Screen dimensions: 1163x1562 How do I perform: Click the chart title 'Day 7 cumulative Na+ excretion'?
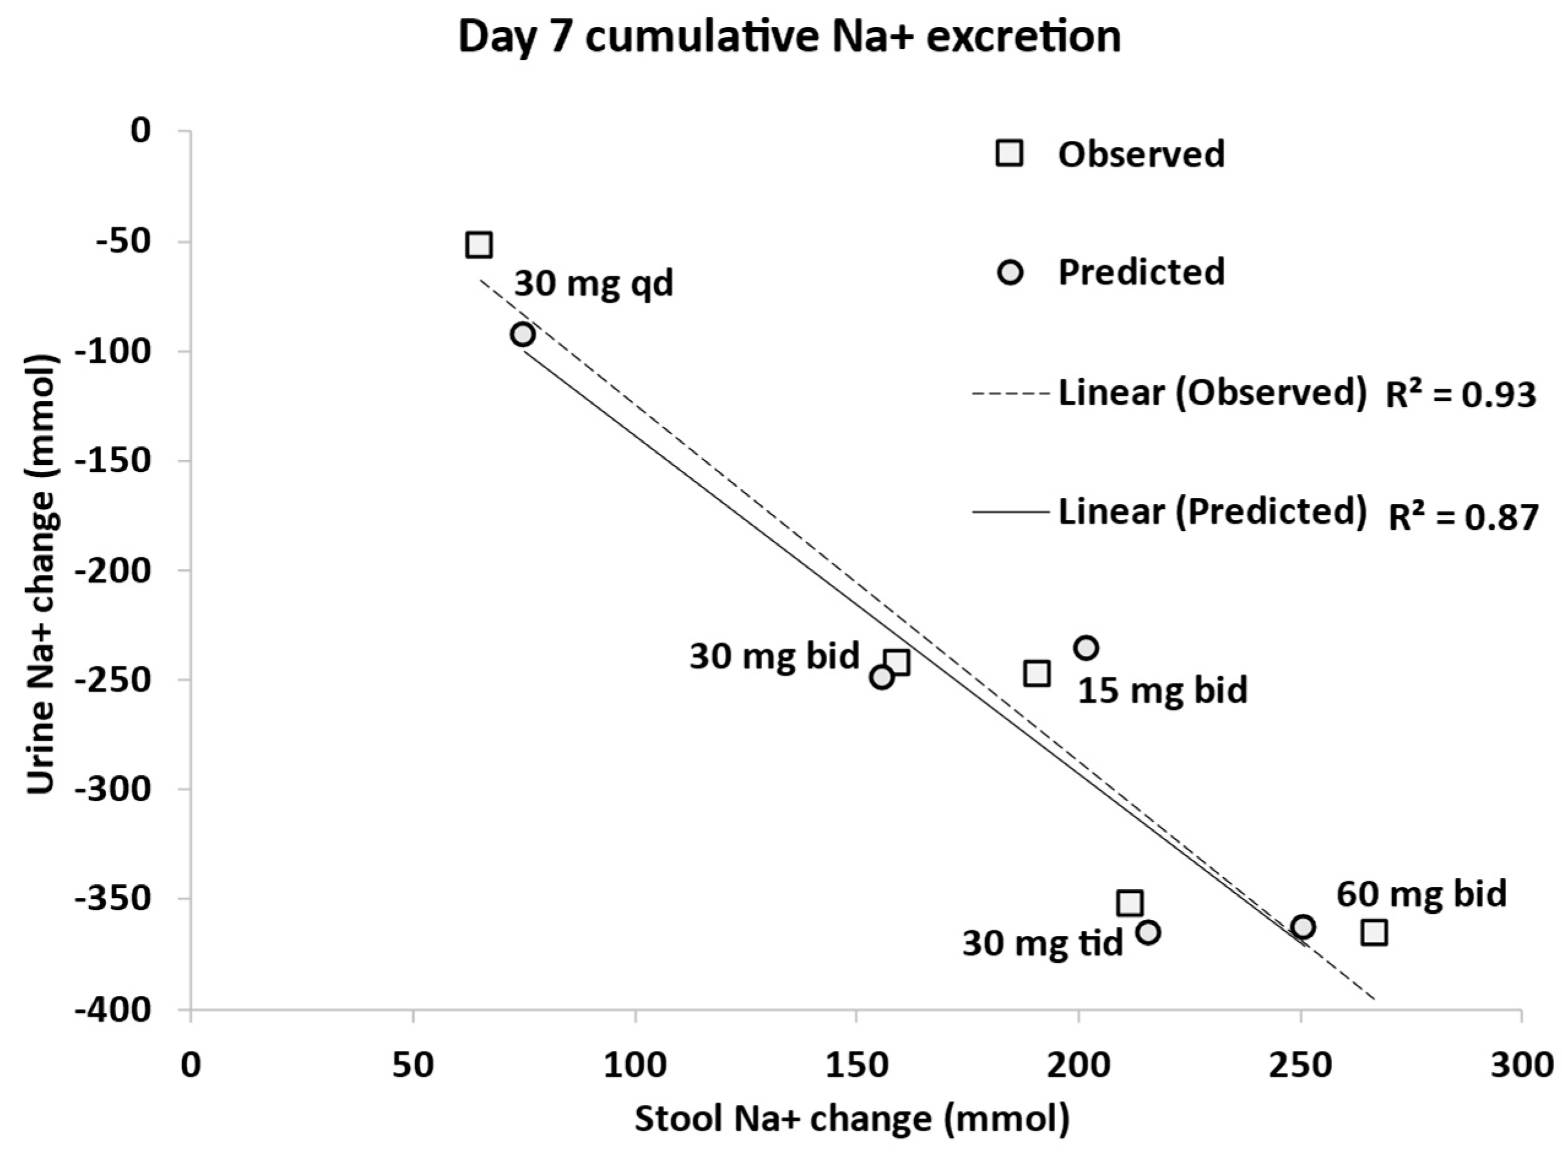tap(789, 37)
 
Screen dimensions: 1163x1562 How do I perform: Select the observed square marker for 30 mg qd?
tap(479, 245)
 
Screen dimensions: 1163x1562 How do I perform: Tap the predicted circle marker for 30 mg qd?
tap(523, 334)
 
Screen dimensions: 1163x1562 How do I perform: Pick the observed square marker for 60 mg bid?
tap(1374, 933)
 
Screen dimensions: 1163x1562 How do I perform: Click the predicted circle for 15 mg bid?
tap(1086, 648)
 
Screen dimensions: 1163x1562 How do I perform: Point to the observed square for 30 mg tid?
tap(1129, 903)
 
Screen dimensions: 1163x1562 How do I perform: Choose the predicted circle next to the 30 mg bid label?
tap(882, 677)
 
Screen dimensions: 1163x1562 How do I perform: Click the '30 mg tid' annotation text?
tap(1042, 943)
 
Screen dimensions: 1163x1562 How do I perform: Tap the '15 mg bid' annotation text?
tap(1162, 690)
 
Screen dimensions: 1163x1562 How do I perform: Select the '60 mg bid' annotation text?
tap(1421, 894)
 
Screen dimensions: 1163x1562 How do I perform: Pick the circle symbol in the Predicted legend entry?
tap(1010, 273)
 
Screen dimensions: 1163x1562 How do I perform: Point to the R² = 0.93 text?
tap(1461, 395)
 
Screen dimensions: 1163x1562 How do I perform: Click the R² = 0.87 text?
tap(1462, 518)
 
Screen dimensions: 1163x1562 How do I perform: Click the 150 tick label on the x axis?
tap(855, 1064)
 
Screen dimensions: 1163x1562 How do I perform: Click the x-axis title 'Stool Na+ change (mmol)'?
tap(852, 1120)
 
